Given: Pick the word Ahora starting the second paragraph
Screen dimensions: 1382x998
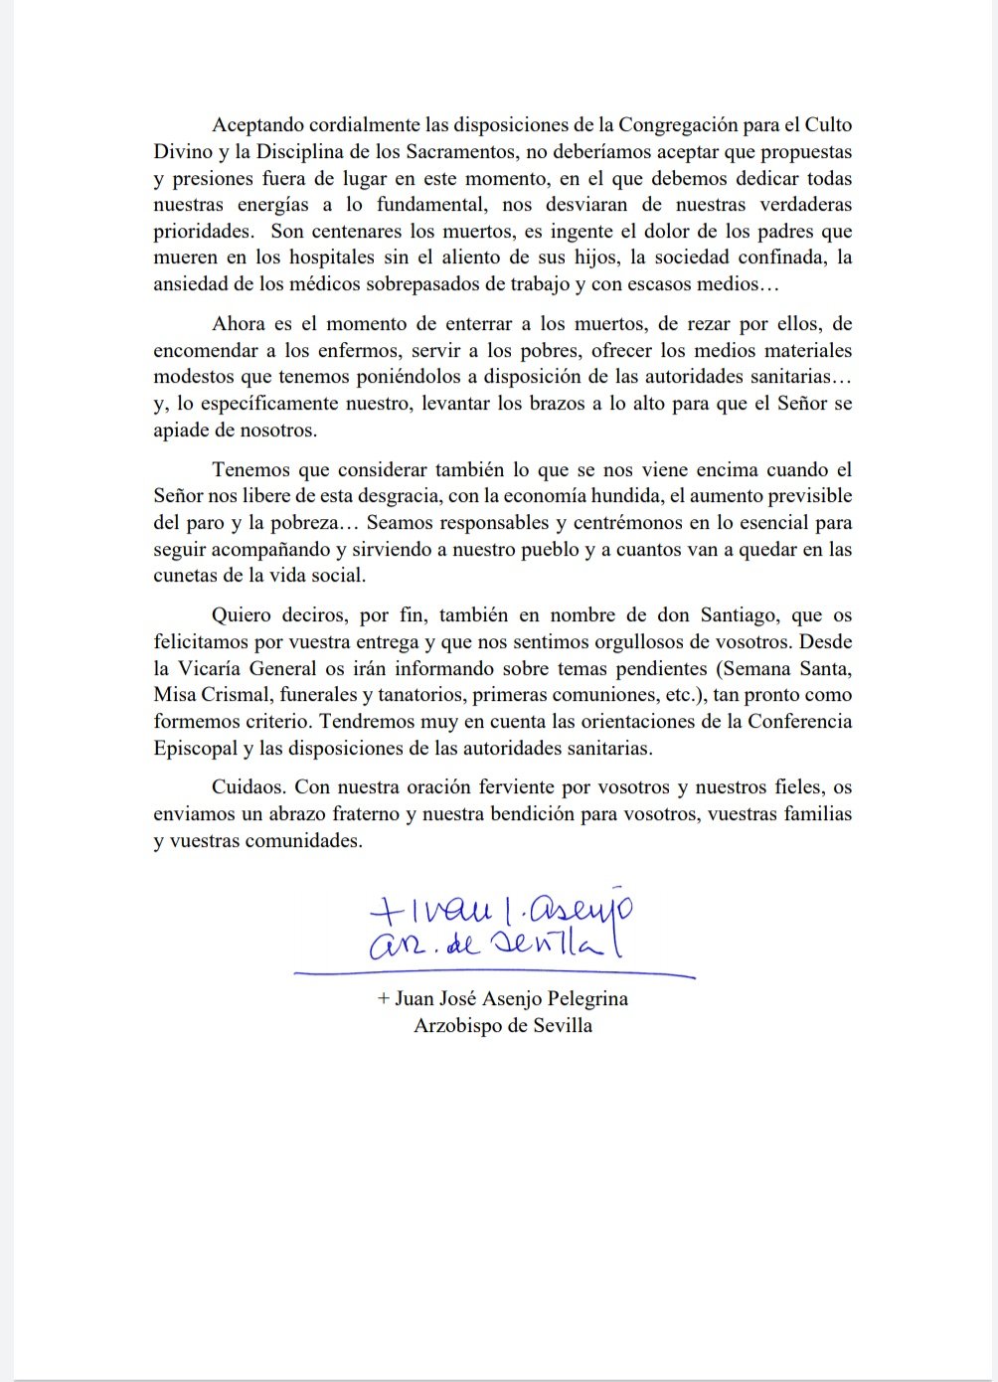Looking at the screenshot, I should point(240,324).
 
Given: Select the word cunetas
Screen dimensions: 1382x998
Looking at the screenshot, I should point(187,576).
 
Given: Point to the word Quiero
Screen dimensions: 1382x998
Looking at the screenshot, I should point(242,615).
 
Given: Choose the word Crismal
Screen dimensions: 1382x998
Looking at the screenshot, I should point(236,694).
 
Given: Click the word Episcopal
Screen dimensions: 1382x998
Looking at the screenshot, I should point(195,748).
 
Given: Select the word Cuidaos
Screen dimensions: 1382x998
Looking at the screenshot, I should point(248,787).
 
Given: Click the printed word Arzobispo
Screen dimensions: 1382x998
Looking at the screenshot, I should point(456,1025).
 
